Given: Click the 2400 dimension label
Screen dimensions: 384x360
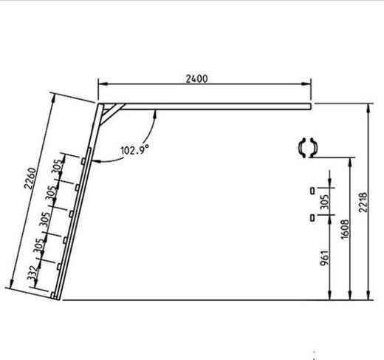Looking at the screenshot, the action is [196, 79].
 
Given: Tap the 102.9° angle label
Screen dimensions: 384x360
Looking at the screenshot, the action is [135, 149].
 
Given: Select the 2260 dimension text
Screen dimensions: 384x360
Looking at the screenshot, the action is [30, 178].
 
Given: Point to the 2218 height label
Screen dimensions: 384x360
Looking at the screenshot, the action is [363, 203].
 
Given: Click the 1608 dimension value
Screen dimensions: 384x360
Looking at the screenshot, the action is [345, 229].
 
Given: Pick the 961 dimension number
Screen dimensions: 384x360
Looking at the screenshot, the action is [324, 258].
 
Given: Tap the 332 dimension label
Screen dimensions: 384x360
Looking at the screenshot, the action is [32, 274].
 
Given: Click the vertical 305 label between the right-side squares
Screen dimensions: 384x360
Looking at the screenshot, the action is [325, 202].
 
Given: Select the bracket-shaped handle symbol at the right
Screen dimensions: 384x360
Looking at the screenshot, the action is [307, 148].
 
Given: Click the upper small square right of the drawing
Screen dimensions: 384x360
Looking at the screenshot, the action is [312, 191].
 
